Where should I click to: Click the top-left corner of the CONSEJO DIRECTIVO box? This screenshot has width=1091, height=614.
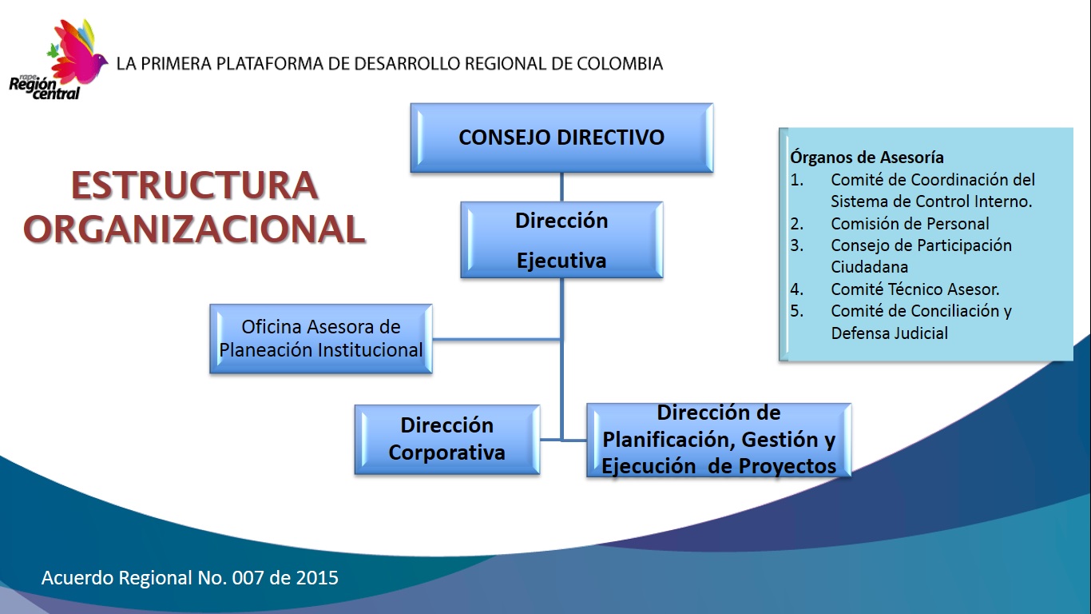(411, 103)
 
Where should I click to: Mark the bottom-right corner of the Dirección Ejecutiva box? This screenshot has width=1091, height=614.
(663, 278)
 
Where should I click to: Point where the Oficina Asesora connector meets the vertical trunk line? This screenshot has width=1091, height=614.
(561, 339)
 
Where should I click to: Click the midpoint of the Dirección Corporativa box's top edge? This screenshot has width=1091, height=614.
(447, 405)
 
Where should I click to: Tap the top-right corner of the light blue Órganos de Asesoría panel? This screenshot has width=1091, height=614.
(1073, 128)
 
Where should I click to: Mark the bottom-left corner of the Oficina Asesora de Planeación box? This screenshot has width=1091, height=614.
(210, 373)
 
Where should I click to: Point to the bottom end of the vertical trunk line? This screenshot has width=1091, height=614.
(561, 441)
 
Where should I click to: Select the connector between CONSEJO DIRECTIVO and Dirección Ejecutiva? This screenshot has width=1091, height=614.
(561, 187)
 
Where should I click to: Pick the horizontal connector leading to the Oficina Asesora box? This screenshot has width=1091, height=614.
(496, 339)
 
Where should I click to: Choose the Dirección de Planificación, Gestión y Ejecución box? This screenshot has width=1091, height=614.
(719, 440)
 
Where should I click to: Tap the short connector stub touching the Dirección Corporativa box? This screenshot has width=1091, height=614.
(550, 440)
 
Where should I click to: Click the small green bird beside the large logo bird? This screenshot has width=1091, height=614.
(52, 50)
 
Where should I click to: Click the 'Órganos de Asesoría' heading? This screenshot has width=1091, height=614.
(867, 157)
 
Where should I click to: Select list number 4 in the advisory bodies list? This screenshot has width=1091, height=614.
(797, 289)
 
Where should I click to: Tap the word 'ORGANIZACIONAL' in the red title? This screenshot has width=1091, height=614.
(194, 229)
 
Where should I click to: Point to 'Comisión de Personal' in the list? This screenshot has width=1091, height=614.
(910, 223)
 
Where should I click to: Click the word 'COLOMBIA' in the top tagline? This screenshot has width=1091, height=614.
(620, 63)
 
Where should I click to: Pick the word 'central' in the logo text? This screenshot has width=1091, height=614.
(56, 94)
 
